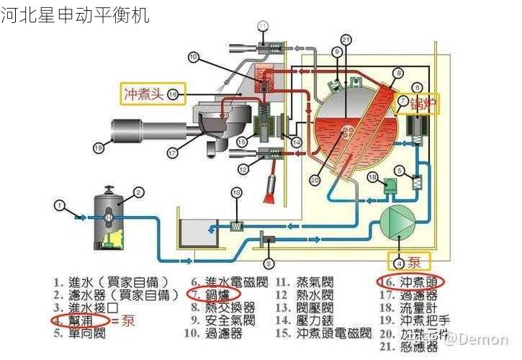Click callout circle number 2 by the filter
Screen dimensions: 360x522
[139, 192]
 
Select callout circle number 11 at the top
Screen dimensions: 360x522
[262, 27]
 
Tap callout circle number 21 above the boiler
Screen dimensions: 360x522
[346, 40]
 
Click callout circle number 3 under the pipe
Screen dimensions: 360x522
[268, 264]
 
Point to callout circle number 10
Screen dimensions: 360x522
[193, 56]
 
